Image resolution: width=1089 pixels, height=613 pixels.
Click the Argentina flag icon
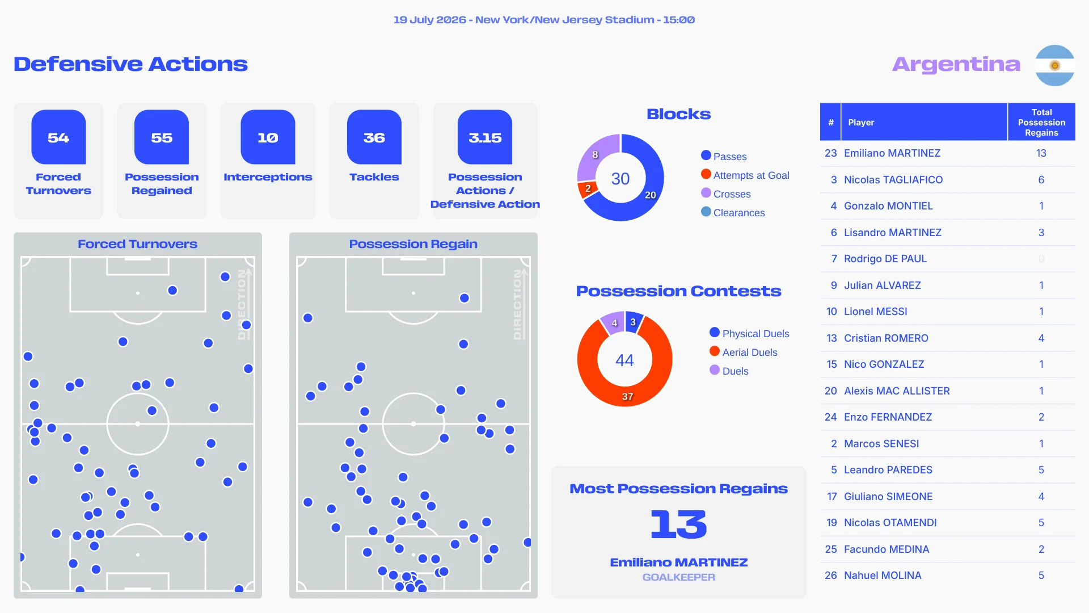coord(1054,65)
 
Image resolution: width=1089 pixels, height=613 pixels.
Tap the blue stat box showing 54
coord(58,137)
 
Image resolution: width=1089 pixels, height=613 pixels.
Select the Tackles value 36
coord(374,138)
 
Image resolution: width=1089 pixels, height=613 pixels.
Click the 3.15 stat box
coord(485,137)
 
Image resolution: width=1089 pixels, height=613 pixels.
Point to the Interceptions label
coord(268,177)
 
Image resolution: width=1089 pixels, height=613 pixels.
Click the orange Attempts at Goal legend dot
coord(706,174)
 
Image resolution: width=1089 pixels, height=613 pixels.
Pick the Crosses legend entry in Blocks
coord(726,194)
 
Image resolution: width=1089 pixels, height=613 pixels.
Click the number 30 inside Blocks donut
coord(621,179)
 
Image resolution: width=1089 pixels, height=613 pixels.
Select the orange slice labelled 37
coord(627,396)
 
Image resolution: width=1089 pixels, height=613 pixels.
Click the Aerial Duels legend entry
coord(744,352)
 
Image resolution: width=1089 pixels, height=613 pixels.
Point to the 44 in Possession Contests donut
coord(624,360)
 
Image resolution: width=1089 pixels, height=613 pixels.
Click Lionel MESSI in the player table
coord(876,312)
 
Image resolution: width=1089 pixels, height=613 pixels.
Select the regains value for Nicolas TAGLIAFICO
coord(1041,180)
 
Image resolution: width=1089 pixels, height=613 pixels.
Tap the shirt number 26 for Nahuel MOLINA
coord(831,576)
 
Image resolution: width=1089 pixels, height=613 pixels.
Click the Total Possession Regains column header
coord(1041,122)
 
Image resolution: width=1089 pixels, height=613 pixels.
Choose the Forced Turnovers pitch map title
coord(138,244)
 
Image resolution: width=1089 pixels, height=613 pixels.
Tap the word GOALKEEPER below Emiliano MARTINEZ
coord(679,577)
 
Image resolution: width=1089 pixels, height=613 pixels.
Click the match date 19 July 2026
coord(429,20)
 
